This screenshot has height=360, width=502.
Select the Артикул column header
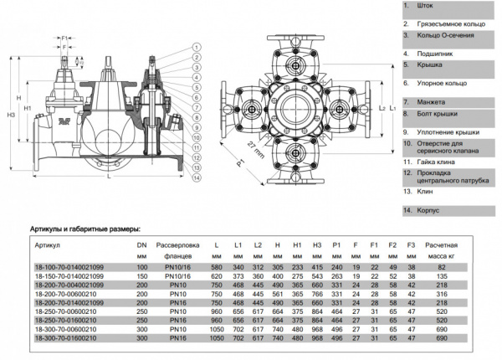point(48,246)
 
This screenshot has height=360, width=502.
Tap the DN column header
point(141,246)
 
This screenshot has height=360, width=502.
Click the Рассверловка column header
point(175,246)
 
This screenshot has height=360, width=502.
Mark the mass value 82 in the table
point(441,265)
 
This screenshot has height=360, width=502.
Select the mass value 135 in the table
point(441,275)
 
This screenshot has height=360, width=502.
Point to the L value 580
point(217,265)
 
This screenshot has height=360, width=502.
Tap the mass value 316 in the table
point(441,294)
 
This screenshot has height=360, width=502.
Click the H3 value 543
point(317,275)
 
